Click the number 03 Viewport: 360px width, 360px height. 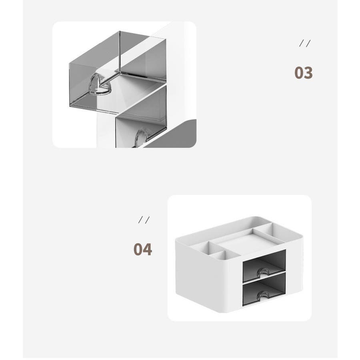304,72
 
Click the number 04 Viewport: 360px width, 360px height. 142,249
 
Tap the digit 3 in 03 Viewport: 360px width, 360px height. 308,72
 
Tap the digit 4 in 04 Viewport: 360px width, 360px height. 147,249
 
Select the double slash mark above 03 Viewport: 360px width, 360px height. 305,43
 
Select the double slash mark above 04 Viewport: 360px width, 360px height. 144,220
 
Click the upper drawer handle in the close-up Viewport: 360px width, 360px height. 99,84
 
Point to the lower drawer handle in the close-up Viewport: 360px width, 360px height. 140,137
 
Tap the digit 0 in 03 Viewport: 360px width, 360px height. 299,72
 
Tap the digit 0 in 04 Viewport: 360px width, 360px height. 138,249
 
